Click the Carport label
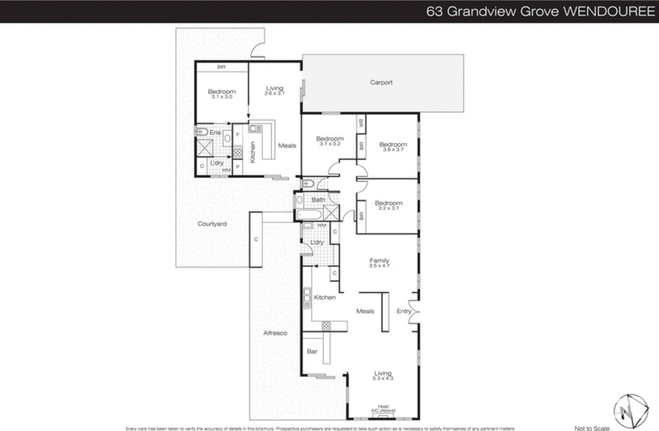381,83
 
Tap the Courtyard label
212,224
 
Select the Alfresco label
275,333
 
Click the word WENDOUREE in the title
609,11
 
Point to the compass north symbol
631,411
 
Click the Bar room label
312,352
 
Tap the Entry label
404,311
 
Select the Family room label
379,262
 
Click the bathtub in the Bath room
309,215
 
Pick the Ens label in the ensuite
215,132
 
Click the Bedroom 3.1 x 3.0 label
222,94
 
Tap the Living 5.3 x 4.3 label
383,375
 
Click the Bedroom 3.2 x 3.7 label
388,205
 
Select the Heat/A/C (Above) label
383,408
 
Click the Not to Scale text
592,428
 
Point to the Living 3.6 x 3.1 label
274,90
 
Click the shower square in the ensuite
205,148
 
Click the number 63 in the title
434,11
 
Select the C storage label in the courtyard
256,239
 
